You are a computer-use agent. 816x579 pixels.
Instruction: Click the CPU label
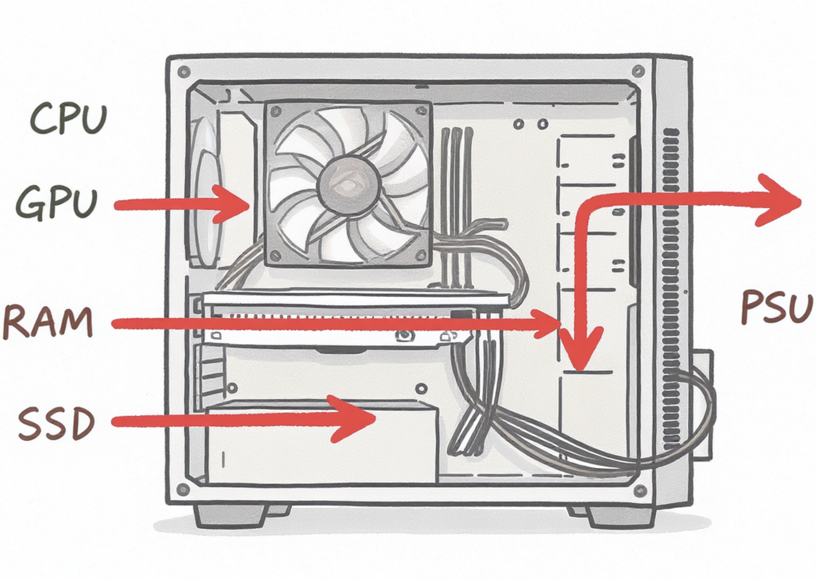(x=68, y=119)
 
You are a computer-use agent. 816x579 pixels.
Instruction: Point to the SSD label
(x=57, y=423)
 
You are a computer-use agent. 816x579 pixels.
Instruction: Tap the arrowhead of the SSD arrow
(x=356, y=419)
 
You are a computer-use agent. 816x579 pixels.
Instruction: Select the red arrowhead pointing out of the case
(x=782, y=201)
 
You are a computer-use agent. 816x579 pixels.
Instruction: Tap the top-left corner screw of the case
(x=184, y=72)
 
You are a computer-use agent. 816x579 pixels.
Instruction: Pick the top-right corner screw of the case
(x=638, y=72)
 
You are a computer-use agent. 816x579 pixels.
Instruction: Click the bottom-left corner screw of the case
(x=183, y=490)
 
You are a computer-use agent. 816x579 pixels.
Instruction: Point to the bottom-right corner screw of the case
(x=640, y=491)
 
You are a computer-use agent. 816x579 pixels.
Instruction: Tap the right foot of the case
(x=622, y=516)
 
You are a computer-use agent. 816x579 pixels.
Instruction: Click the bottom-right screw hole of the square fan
(x=421, y=256)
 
